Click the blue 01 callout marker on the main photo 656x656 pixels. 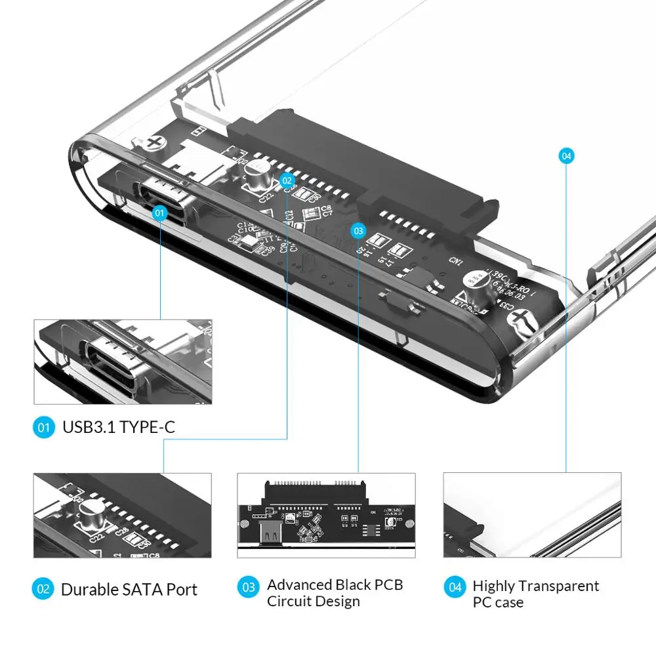160,213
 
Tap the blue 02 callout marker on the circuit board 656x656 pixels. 287,179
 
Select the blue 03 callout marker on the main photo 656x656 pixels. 358,230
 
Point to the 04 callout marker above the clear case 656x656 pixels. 566,155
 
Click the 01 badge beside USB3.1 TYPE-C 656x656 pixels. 44,428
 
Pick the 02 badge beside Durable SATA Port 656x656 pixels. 43,589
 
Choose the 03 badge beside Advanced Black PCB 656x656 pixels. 249,586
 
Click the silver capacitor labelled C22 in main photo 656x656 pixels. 254,173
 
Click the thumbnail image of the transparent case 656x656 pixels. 532,516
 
